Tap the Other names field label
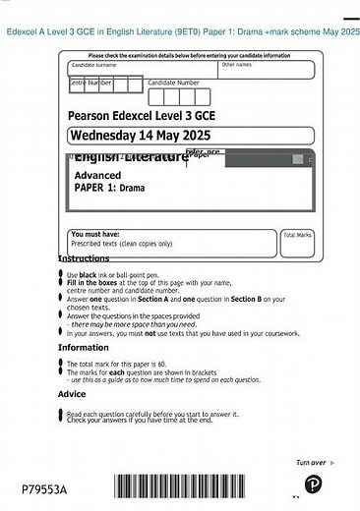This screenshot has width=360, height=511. pos(236,65)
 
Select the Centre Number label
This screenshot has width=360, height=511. pos(90,84)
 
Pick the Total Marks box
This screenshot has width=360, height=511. pos(297,243)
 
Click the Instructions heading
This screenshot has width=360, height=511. pos(84,258)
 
